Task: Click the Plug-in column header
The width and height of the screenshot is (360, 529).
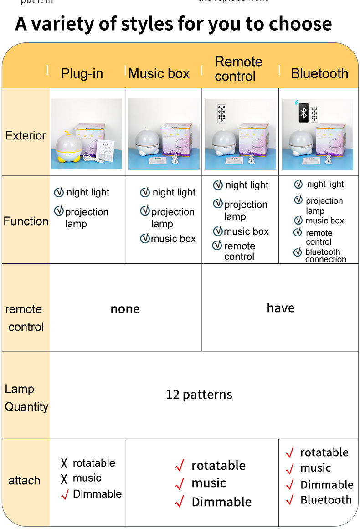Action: click(x=82, y=73)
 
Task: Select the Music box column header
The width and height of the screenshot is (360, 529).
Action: click(x=159, y=73)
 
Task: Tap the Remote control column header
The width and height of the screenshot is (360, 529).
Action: click(x=238, y=69)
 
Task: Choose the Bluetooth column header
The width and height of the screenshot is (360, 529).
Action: click(x=319, y=73)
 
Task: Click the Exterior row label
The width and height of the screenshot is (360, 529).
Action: click(x=26, y=135)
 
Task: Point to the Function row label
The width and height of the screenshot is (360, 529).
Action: click(x=26, y=221)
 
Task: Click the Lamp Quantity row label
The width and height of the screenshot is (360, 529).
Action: click(x=26, y=398)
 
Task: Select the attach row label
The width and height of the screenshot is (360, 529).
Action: click(x=24, y=480)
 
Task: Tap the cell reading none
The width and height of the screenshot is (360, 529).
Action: click(x=125, y=309)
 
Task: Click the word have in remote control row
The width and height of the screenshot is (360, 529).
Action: click(x=281, y=308)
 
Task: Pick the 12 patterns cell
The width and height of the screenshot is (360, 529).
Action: click(x=199, y=395)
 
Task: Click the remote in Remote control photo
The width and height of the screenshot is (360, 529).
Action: click(x=222, y=113)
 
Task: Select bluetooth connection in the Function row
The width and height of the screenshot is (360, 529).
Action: click(x=325, y=256)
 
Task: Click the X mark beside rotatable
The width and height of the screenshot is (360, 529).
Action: click(x=64, y=464)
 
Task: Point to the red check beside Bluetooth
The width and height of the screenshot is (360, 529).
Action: click(x=289, y=500)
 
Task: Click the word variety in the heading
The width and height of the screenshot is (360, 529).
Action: click(x=70, y=24)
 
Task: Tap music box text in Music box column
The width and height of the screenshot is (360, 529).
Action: click(x=173, y=239)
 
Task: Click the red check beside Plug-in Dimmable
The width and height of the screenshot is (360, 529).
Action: click(x=64, y=494)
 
